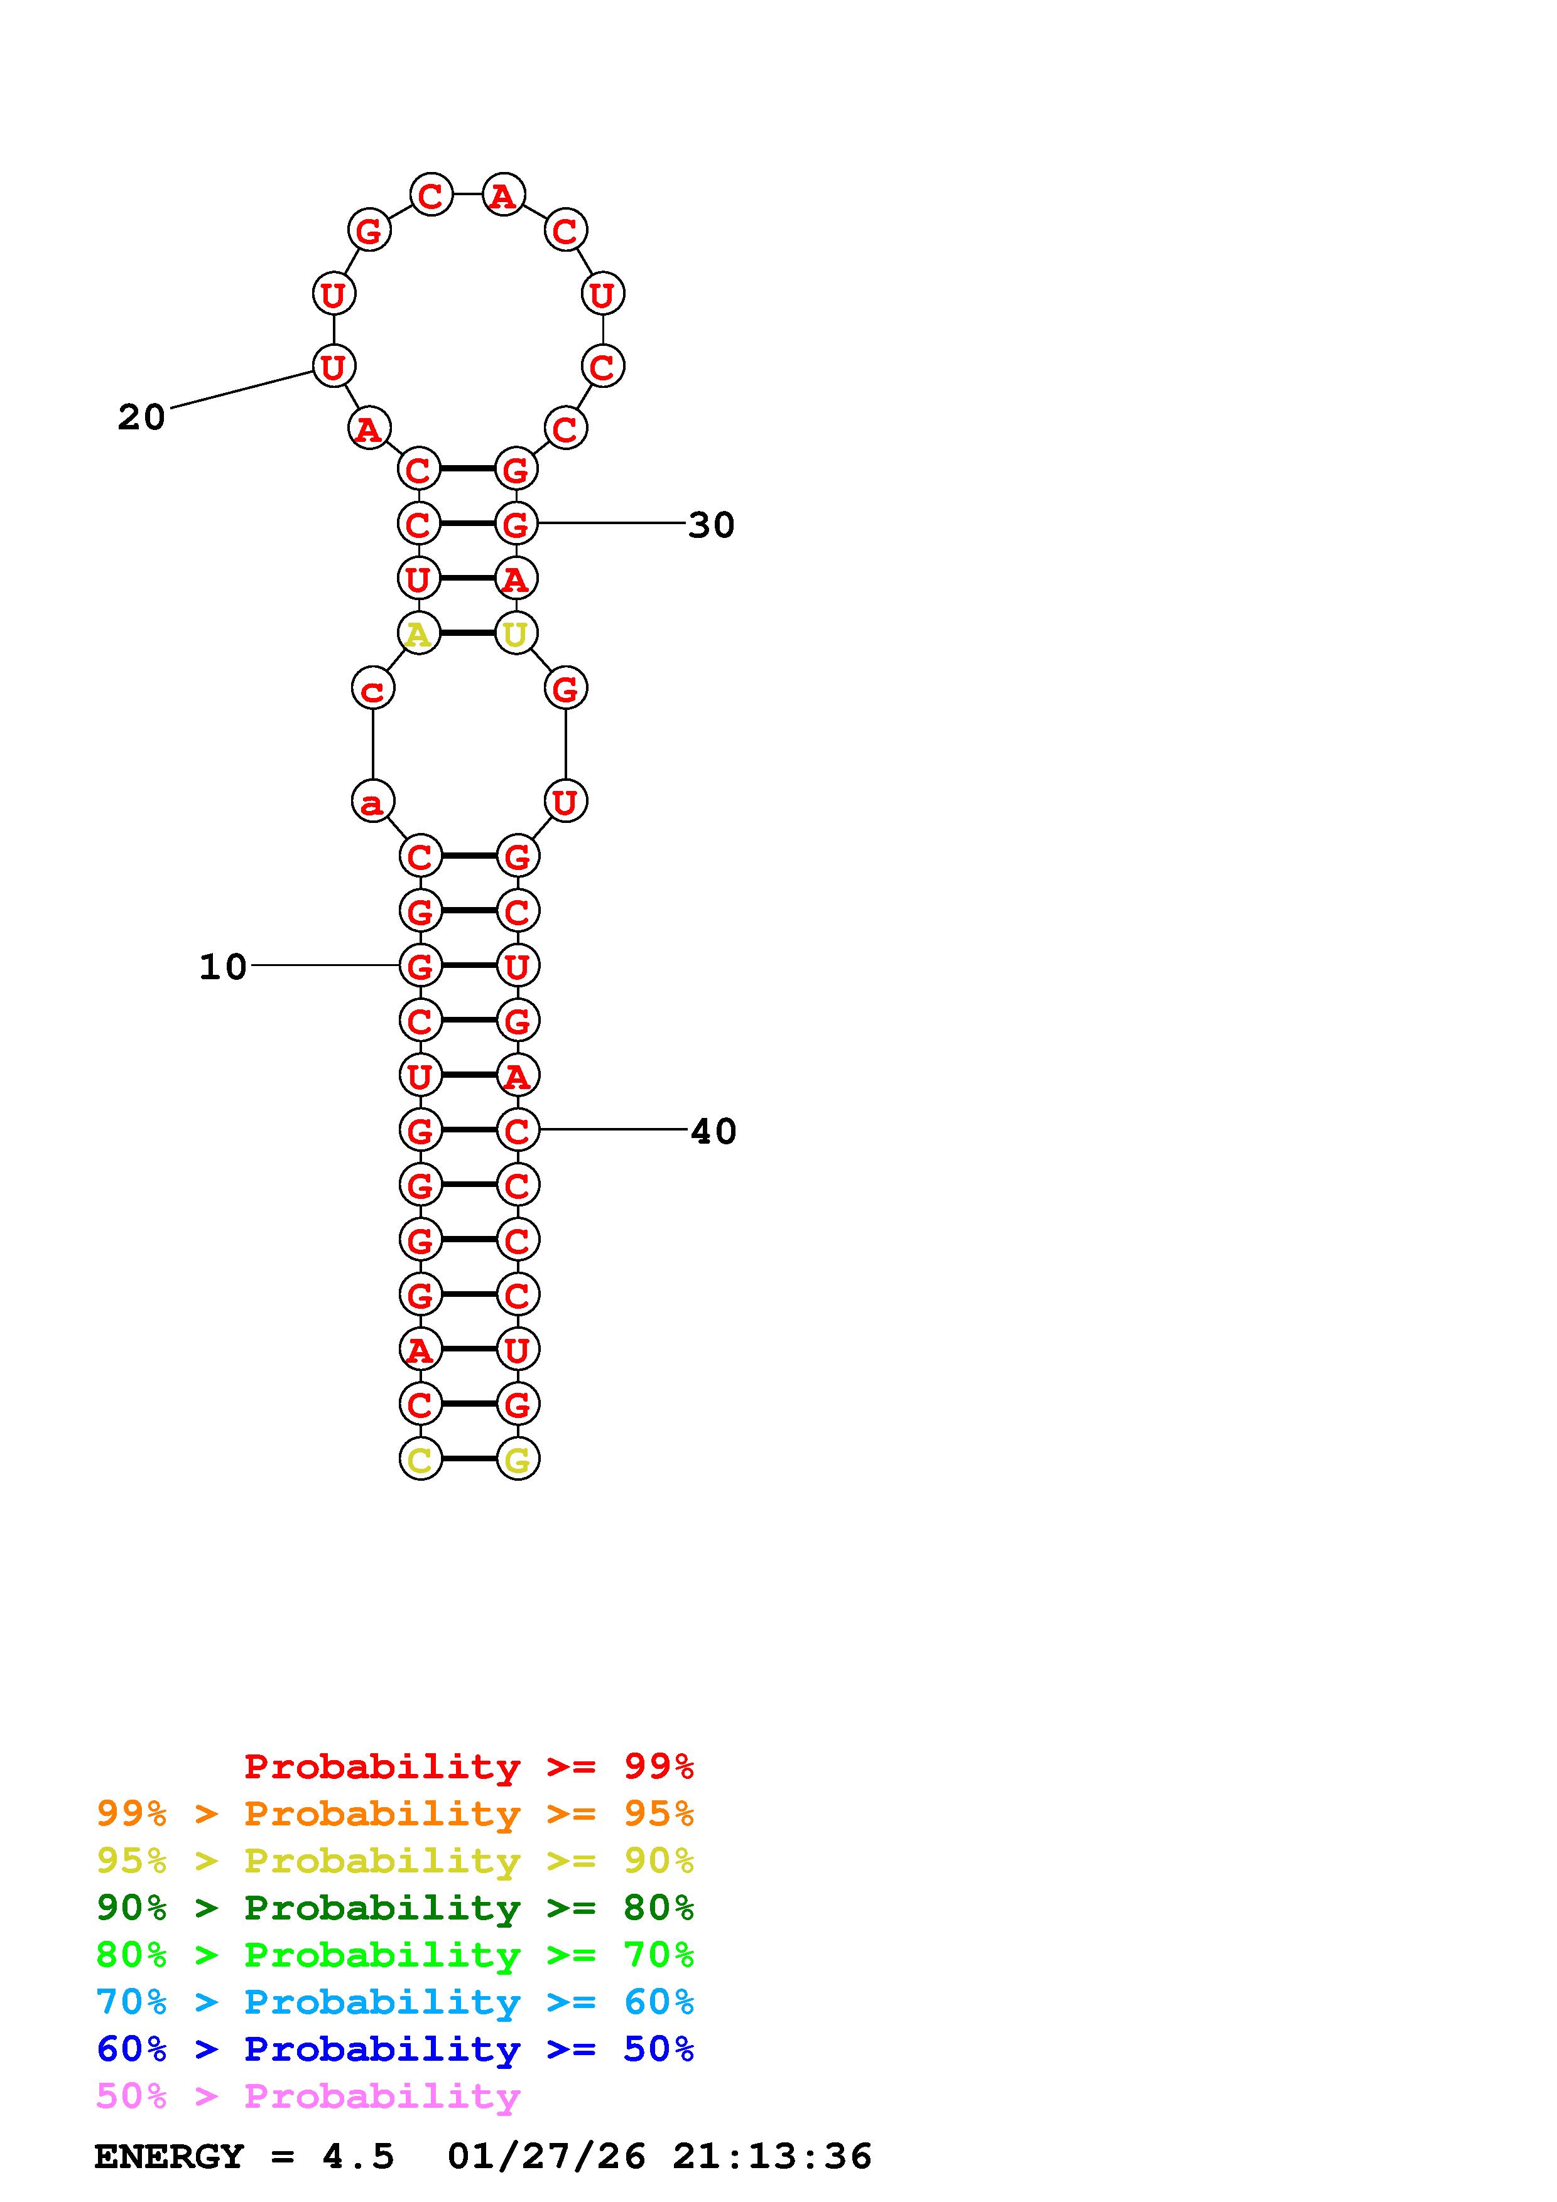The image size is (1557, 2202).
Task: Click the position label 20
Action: click(141, 417)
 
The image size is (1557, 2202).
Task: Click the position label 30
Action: click(711, 525)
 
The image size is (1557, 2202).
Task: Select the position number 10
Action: click(222, 967)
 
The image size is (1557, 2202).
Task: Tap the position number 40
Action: click(713, 1132)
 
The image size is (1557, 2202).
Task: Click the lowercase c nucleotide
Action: click(373, 689)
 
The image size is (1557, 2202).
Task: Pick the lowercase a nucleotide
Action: click(373, 801)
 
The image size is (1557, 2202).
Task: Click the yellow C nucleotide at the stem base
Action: click(420, 1459)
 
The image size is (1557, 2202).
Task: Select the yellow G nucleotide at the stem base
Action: click(518, 1459)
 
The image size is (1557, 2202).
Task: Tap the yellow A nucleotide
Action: click(418, 633)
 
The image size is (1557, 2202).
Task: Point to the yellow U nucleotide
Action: click(516, 633)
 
